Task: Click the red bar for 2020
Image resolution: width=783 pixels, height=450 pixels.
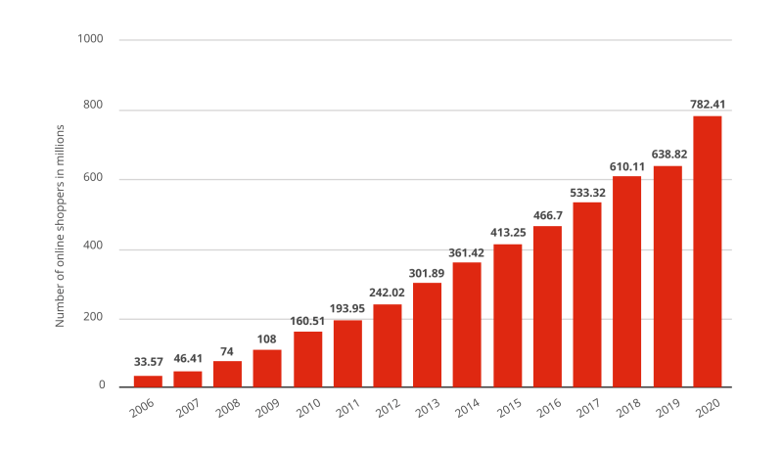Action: click(708, 251)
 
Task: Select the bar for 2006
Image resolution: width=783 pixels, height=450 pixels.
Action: click(148, 382)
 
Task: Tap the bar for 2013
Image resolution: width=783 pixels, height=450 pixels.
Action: click(428, 335)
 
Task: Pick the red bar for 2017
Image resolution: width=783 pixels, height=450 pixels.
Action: click(587, 294)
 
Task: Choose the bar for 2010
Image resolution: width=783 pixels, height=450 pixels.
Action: click(307, 359)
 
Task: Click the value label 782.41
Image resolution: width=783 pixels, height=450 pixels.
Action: click(708, 104)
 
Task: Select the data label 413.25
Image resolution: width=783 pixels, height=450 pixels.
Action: click(508, 232)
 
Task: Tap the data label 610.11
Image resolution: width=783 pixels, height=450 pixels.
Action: click(627, 164)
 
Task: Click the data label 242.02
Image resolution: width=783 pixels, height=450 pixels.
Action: click(388, 292)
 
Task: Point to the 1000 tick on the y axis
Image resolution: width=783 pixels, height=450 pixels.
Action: click(91, 40)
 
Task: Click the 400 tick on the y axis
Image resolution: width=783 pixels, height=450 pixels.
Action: click(94, 249)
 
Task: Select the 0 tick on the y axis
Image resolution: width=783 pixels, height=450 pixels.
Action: click(101, 386)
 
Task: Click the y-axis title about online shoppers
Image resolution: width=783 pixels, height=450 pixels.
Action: click(60, 225)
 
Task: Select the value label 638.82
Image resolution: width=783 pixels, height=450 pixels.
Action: click(668, 154)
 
